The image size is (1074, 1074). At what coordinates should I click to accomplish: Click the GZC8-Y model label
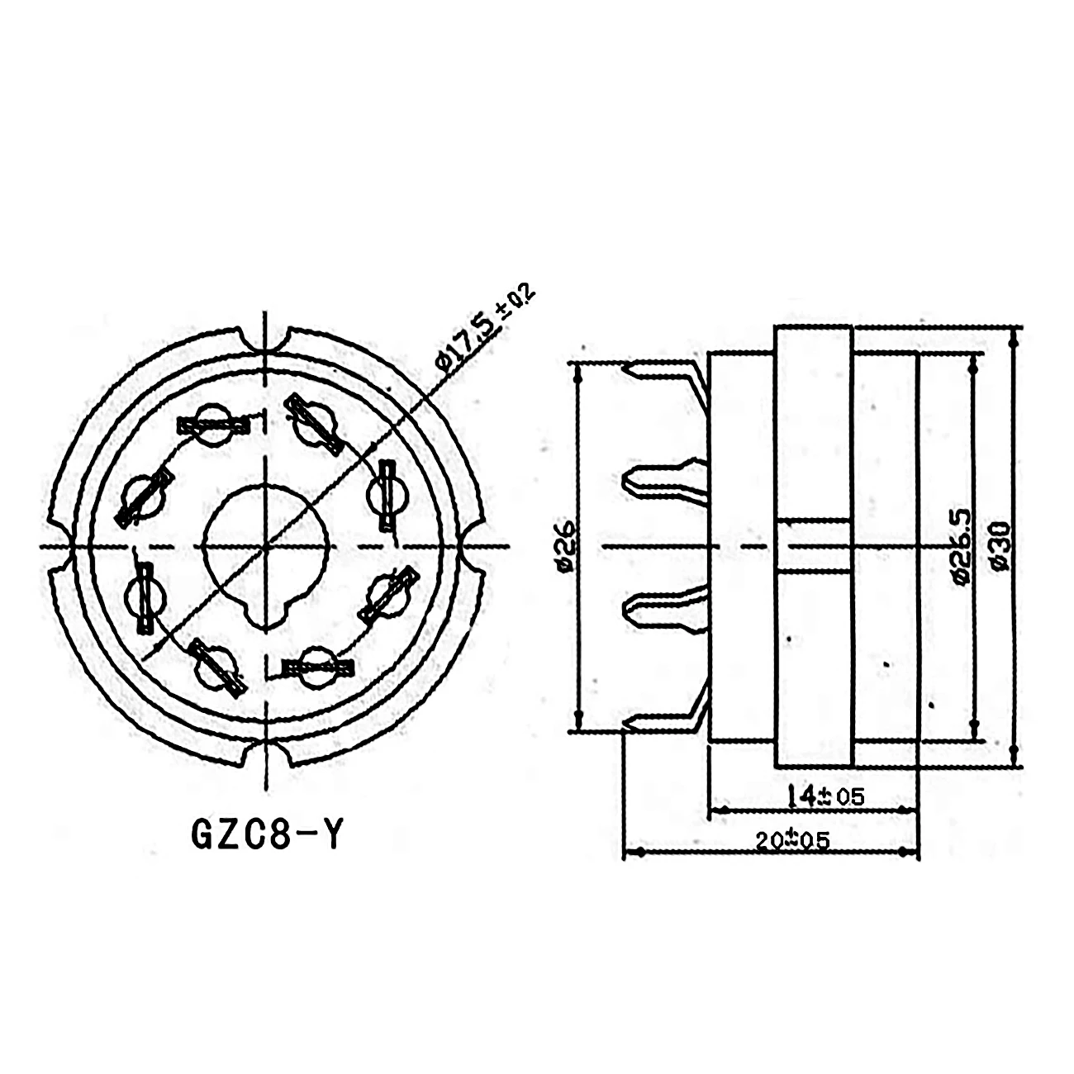point(266,835)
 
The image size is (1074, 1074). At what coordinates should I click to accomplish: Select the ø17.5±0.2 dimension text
point(486,330)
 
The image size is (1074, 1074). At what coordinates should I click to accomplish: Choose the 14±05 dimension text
point(824,796)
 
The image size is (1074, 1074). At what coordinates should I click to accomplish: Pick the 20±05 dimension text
point(791,840)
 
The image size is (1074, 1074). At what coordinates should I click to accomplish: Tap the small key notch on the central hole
point(265,612)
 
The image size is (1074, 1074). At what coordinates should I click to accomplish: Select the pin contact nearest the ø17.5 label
point(315,421)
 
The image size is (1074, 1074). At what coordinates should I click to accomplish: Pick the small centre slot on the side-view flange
point(814,545)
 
